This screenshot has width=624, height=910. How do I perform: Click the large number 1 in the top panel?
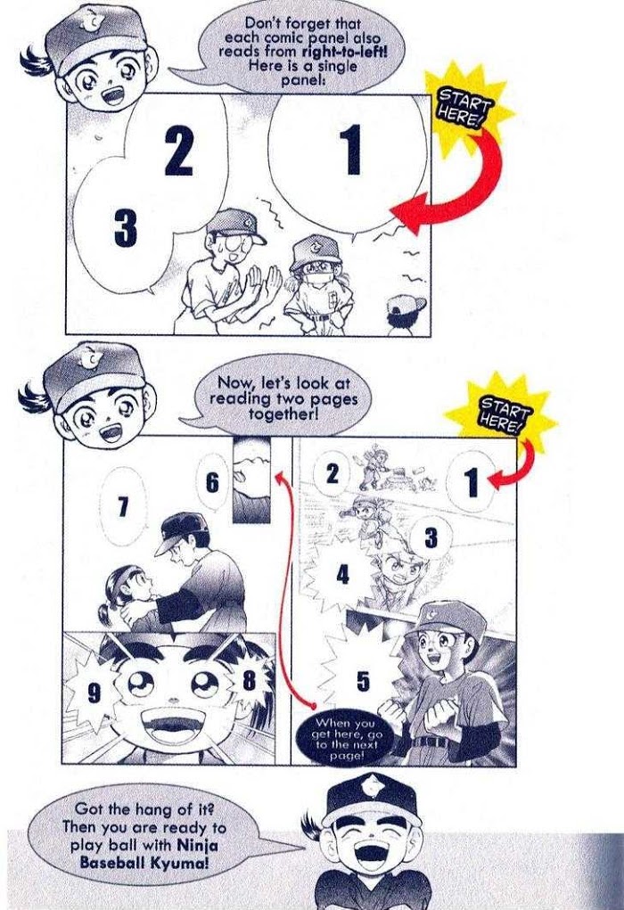pos(351,150)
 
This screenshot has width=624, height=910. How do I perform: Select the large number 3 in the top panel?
pos(126,228)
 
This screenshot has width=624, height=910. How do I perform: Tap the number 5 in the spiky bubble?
pos(363,681)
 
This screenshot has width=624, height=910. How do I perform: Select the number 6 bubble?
pos(213,483)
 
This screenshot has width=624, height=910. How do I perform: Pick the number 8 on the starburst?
pos(249,679)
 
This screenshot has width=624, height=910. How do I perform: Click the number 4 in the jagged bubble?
pos(342,575)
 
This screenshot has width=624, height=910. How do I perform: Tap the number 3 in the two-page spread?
pos(431,537)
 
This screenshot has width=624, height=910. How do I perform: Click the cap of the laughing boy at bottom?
pos(372,801)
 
